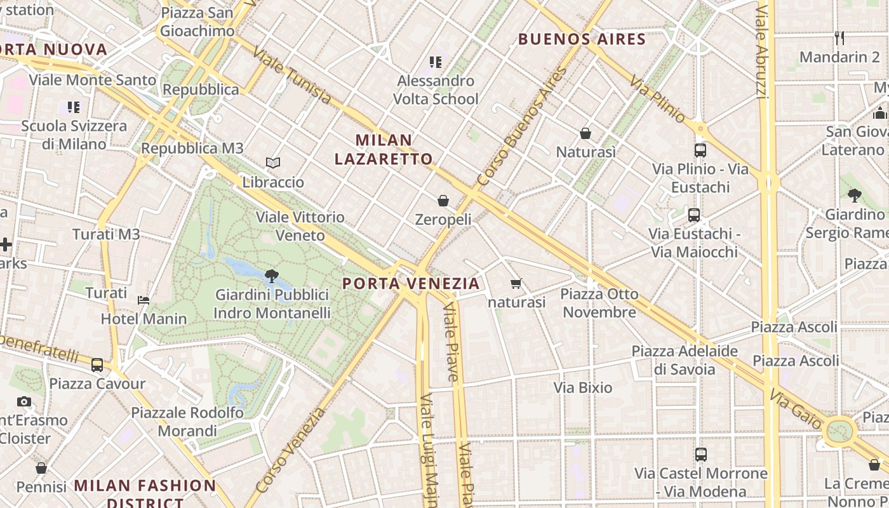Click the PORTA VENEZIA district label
(x=411, y=283)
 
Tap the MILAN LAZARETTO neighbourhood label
(x=384, y=149)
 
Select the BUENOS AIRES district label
(x=582, y=39)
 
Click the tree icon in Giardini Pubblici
(x=272, y=276)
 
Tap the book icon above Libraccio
(x=273, y=163)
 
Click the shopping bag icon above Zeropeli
(x=443, y=201)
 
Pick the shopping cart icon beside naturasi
(x=516, y=283)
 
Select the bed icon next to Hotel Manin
(x=144, y=300)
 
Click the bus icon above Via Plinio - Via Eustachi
(x=700, y=150)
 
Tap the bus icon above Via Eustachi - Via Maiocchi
(x=694, y=215)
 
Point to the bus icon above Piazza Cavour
(x=97, y=365)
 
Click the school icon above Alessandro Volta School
(x=436, y=62)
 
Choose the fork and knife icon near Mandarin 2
(x=839, y=37)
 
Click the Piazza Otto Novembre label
(x=599, y=303)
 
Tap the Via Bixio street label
(x=583, y=387)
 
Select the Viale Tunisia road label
(x=291, y=76)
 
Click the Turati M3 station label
(x=106, y=234)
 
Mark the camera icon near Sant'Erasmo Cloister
(x=24, y=401)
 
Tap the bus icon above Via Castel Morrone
(x=701, y=455)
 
